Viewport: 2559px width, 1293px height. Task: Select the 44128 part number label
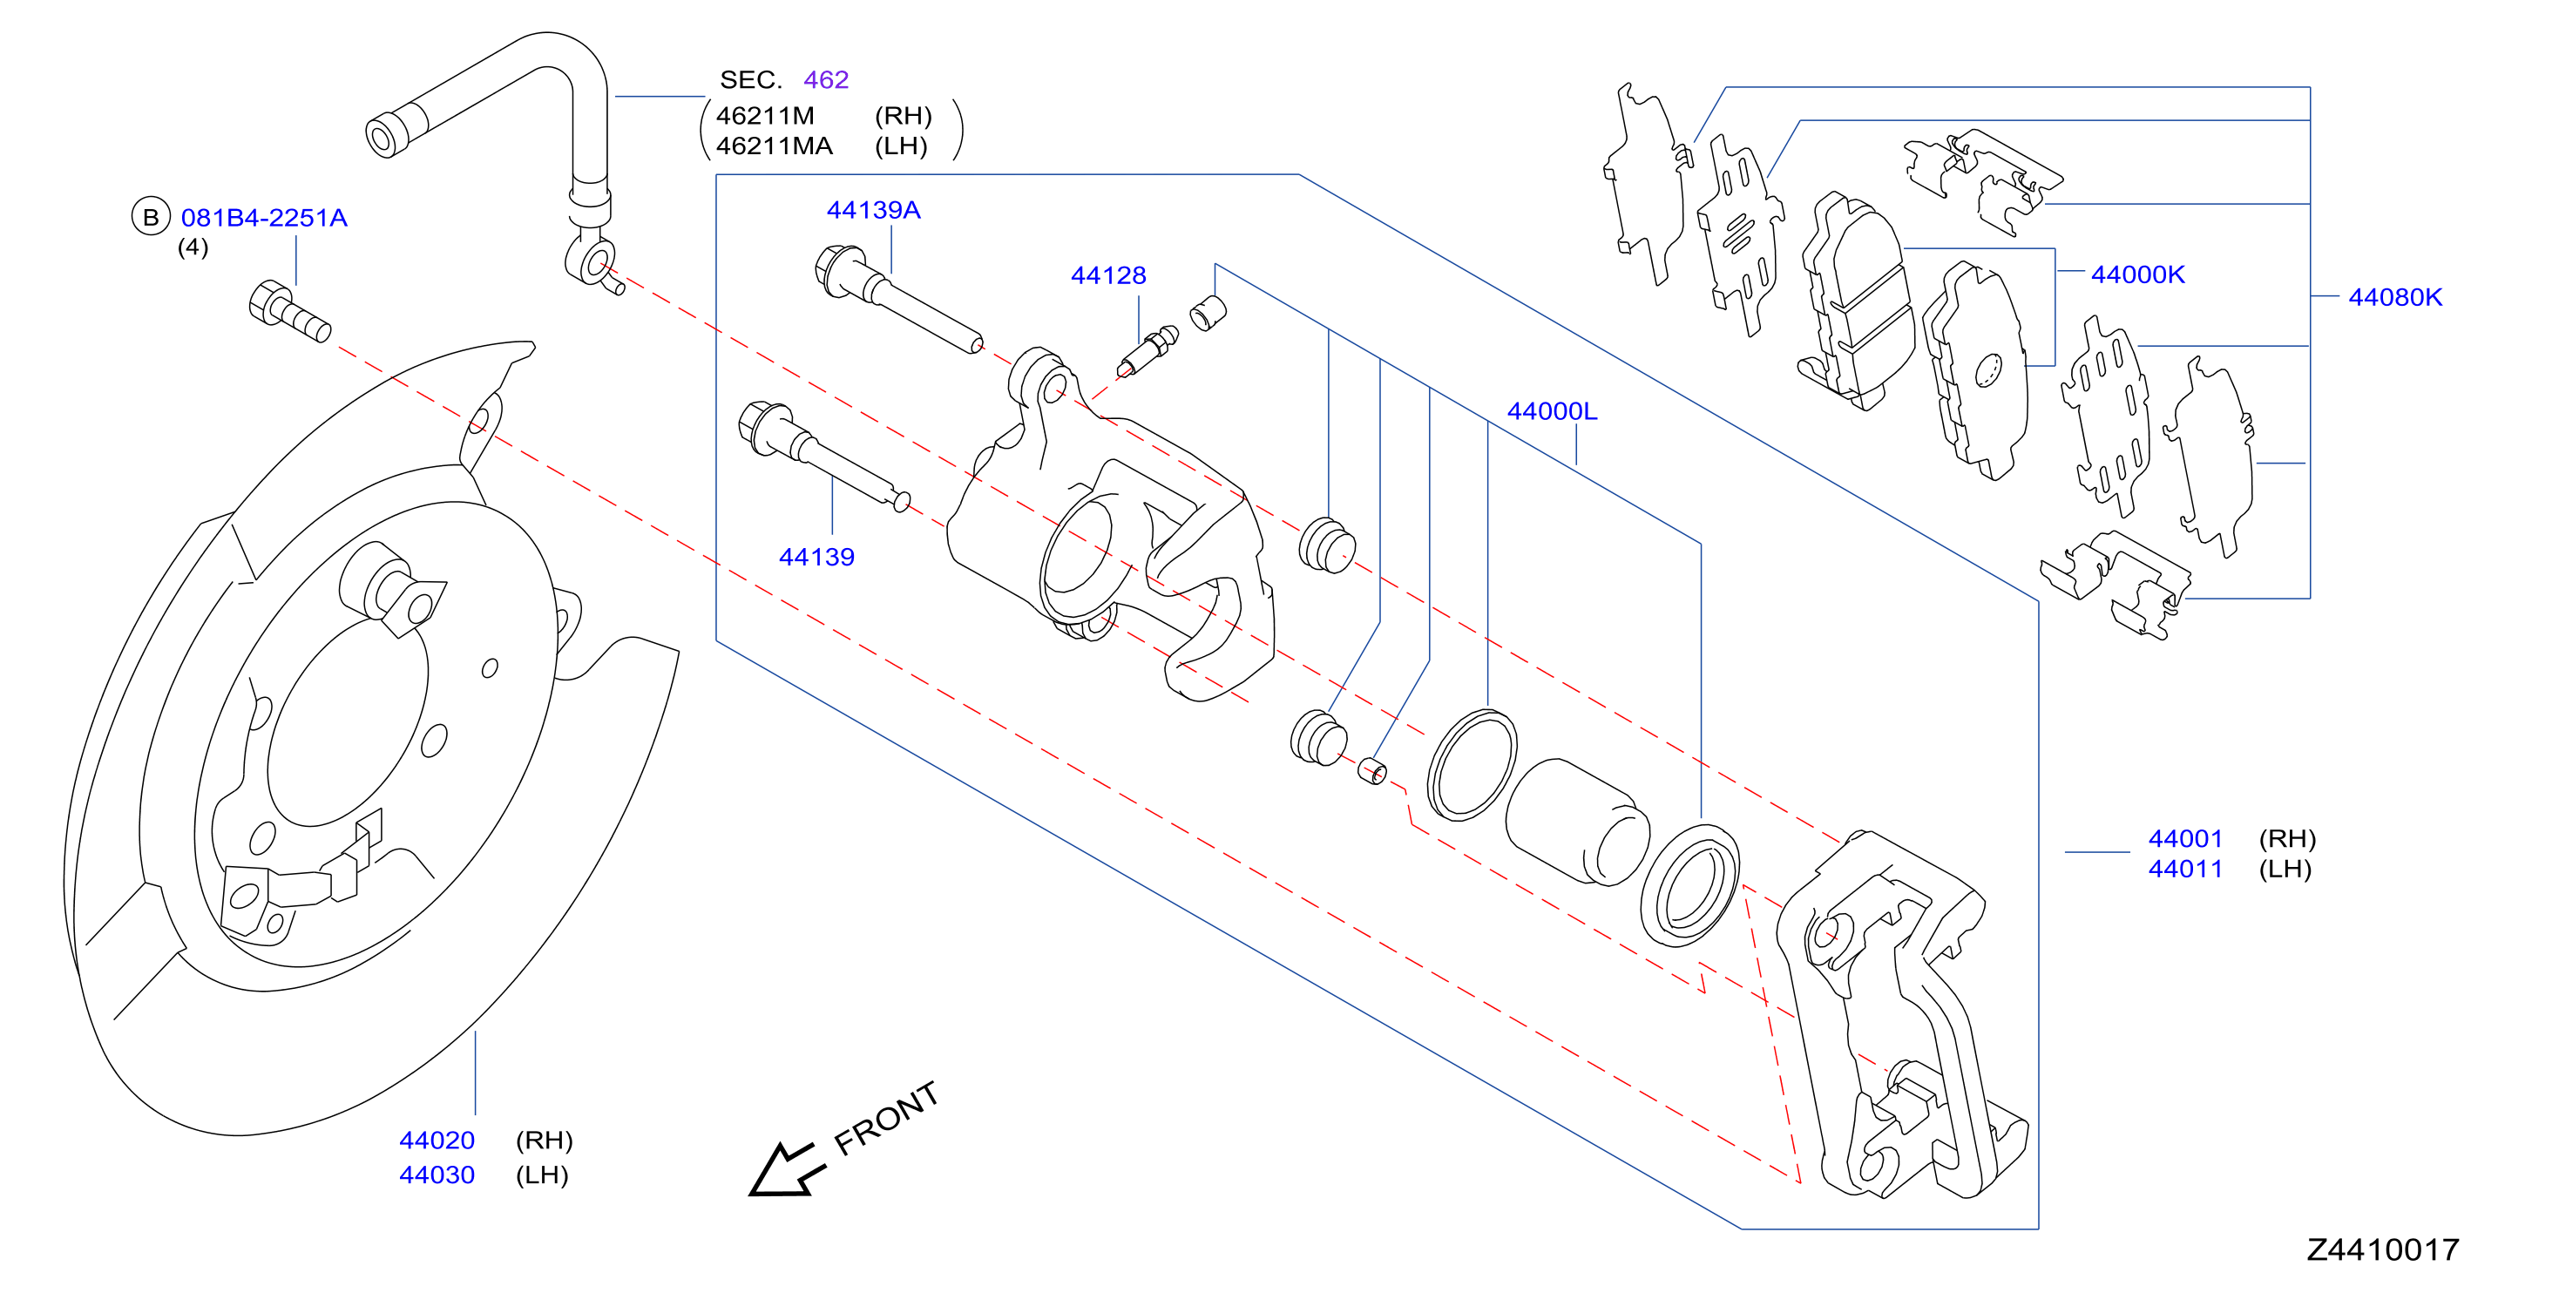pos(1107,275)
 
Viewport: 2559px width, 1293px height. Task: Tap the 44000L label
pos(1552,411)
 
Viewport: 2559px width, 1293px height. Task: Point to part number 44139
pos(816,557)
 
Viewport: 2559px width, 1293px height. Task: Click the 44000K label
pos(2138,274)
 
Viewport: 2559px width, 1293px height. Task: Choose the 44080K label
pos(2395,297)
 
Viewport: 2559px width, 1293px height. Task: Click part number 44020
pos(437,1140)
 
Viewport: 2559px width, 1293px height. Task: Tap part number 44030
pos(437,1175)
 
